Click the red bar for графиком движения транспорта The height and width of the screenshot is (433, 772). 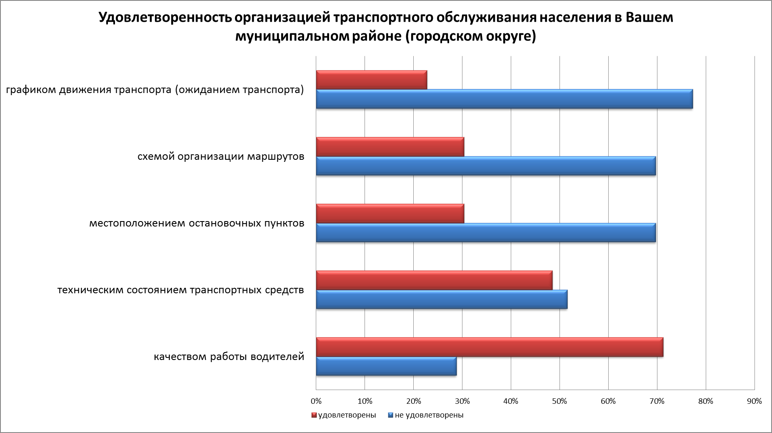coord(372,80)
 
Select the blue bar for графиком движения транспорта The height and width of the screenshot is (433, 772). coord(504,99)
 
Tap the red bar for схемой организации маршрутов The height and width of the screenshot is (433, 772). coord(390,147)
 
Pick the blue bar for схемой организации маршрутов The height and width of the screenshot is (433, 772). coord(486,166)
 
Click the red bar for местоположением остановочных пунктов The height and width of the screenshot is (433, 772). coord(390,214)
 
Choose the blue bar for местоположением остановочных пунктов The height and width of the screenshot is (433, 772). coord(486,232)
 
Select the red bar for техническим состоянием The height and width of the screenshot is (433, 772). coord(434,280)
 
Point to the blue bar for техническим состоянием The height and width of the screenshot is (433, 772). coord(442,299)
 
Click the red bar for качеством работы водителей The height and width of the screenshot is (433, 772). coord(490,347)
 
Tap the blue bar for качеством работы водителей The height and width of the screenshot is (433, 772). coord(386,366)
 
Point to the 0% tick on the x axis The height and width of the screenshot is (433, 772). coord(316,401)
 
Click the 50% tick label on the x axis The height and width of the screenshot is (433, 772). coord(560,401)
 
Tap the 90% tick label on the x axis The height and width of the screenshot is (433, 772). coord(754,401)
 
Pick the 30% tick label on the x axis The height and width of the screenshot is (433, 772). coord(462,401)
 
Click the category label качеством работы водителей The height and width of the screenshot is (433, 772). coord(229,357)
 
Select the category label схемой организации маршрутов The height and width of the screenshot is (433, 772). coord(221,157)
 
